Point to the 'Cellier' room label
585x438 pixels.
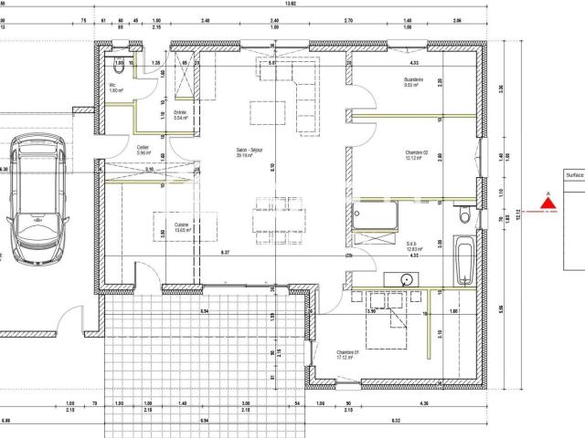(x=143, y=149)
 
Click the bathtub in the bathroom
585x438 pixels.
(x=463, y=257)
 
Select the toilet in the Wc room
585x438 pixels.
(x=118, y=67)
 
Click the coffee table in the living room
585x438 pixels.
(x=267, y=112)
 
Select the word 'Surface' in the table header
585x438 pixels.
(x=574, y=175)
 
